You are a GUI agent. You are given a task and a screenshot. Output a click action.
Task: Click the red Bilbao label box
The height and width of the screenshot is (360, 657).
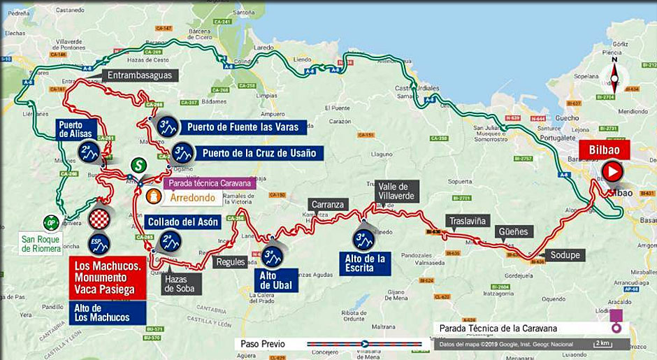click(604, 150)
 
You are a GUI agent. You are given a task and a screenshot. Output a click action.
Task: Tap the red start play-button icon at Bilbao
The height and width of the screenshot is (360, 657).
click(612, 171)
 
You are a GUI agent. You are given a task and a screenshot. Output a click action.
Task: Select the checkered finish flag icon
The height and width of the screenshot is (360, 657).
click(99, 219)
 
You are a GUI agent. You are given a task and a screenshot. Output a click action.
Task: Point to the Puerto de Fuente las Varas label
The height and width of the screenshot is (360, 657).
click(243, 127)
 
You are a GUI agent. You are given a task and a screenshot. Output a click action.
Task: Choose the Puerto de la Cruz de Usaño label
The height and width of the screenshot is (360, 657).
click(259, 152)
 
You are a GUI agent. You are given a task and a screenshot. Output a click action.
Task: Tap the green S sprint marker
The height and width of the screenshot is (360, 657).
click(139, 166)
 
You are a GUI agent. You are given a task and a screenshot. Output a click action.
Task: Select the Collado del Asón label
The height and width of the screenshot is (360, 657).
click(183, 222)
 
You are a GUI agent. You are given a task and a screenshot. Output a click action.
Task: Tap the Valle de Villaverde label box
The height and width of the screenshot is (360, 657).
click(397, 191)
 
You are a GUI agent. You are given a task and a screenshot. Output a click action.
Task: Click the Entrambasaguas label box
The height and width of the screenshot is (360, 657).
click(140, 75)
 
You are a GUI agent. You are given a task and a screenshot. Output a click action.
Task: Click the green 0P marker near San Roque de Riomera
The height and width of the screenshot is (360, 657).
click(50, 222)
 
